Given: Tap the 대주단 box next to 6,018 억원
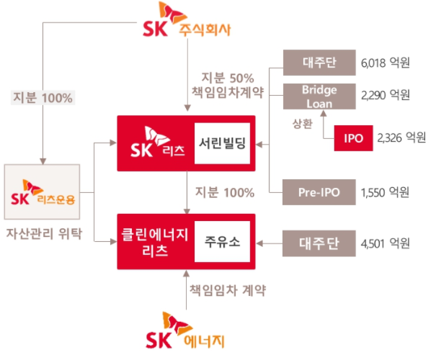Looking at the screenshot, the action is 319,63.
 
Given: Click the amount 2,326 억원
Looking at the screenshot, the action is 401,138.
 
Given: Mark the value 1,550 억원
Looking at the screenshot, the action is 383,192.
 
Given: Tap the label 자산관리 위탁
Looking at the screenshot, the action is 45,233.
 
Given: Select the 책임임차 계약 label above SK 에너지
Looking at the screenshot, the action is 228,291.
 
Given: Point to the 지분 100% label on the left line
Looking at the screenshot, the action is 43,96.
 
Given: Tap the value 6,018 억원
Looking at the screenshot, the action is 383,63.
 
